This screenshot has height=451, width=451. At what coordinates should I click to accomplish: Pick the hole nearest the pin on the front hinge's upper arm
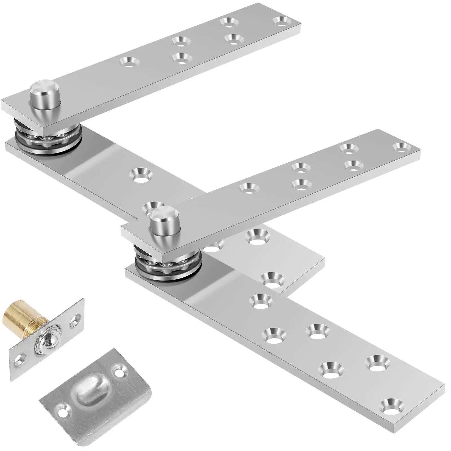(x=249, y=187)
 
